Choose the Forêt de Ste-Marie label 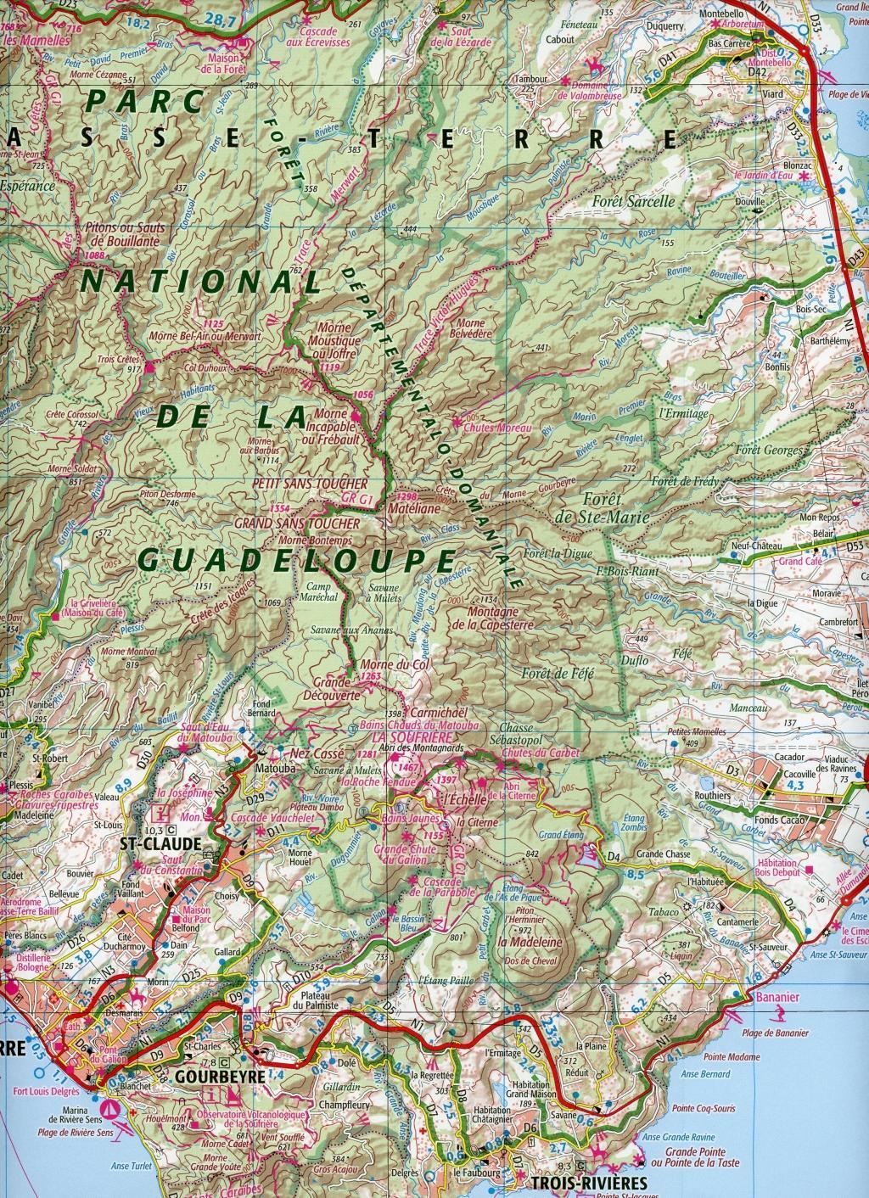coord(614,508)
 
